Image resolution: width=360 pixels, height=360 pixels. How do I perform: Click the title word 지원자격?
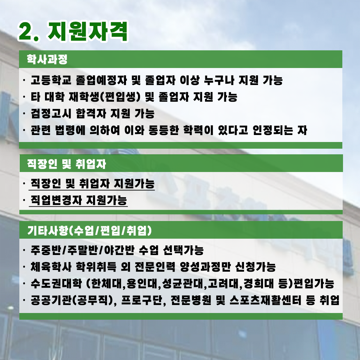[x=87, y=31]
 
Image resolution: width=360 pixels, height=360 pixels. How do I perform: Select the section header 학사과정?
[x=47, y=59]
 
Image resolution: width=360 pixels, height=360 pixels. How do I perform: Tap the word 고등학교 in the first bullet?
[x=51, y=80]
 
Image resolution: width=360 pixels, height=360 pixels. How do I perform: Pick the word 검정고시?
[x=51, y=113]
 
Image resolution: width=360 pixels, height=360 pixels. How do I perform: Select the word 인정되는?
[x=273, y=130]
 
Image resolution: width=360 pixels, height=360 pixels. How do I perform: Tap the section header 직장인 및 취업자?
[x=67, y=164]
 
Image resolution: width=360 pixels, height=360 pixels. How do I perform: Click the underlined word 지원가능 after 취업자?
[x=134, y=183]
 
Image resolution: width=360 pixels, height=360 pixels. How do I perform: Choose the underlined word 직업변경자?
[x=56, y=200]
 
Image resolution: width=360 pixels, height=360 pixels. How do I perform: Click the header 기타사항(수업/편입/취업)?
[x=90, y=231]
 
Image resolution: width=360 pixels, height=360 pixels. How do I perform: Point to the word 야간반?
[x=119, y=250]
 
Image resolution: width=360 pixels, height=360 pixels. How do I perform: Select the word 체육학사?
[x=51, y=267]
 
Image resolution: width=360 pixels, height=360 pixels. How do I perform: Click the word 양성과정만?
[x=205, y=267]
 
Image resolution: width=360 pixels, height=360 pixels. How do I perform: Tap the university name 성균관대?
[x=182, y=284]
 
